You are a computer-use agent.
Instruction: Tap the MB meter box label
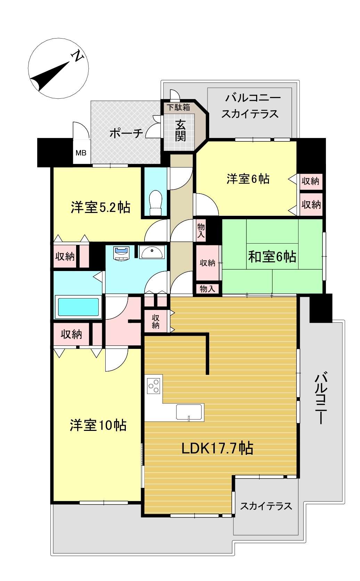tap(81, 153)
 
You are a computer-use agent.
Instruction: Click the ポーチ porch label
tap(126, 133)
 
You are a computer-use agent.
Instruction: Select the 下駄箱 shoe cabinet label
tap(179, 107)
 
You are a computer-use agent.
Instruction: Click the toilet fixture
tap(156, 203)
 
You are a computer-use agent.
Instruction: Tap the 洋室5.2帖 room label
tap(101, 207)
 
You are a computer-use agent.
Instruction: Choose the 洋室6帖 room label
tap(248, 179)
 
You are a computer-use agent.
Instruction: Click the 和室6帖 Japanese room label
tap(272, 256)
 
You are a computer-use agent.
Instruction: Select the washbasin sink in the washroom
tap(152, 252)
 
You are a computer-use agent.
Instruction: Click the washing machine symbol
tap(122, 253)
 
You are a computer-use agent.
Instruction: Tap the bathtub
tap(78, 307)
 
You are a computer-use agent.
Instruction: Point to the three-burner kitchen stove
tap(154, 386)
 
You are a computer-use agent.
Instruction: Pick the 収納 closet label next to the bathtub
tap(72, 334)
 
